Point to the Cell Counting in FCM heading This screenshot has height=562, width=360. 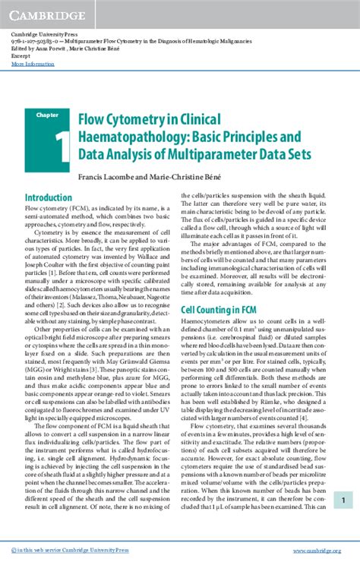point(217,310)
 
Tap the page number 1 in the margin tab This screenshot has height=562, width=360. point(343,478)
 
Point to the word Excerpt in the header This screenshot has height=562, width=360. point(21,57)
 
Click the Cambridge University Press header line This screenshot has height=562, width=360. point(42,36)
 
